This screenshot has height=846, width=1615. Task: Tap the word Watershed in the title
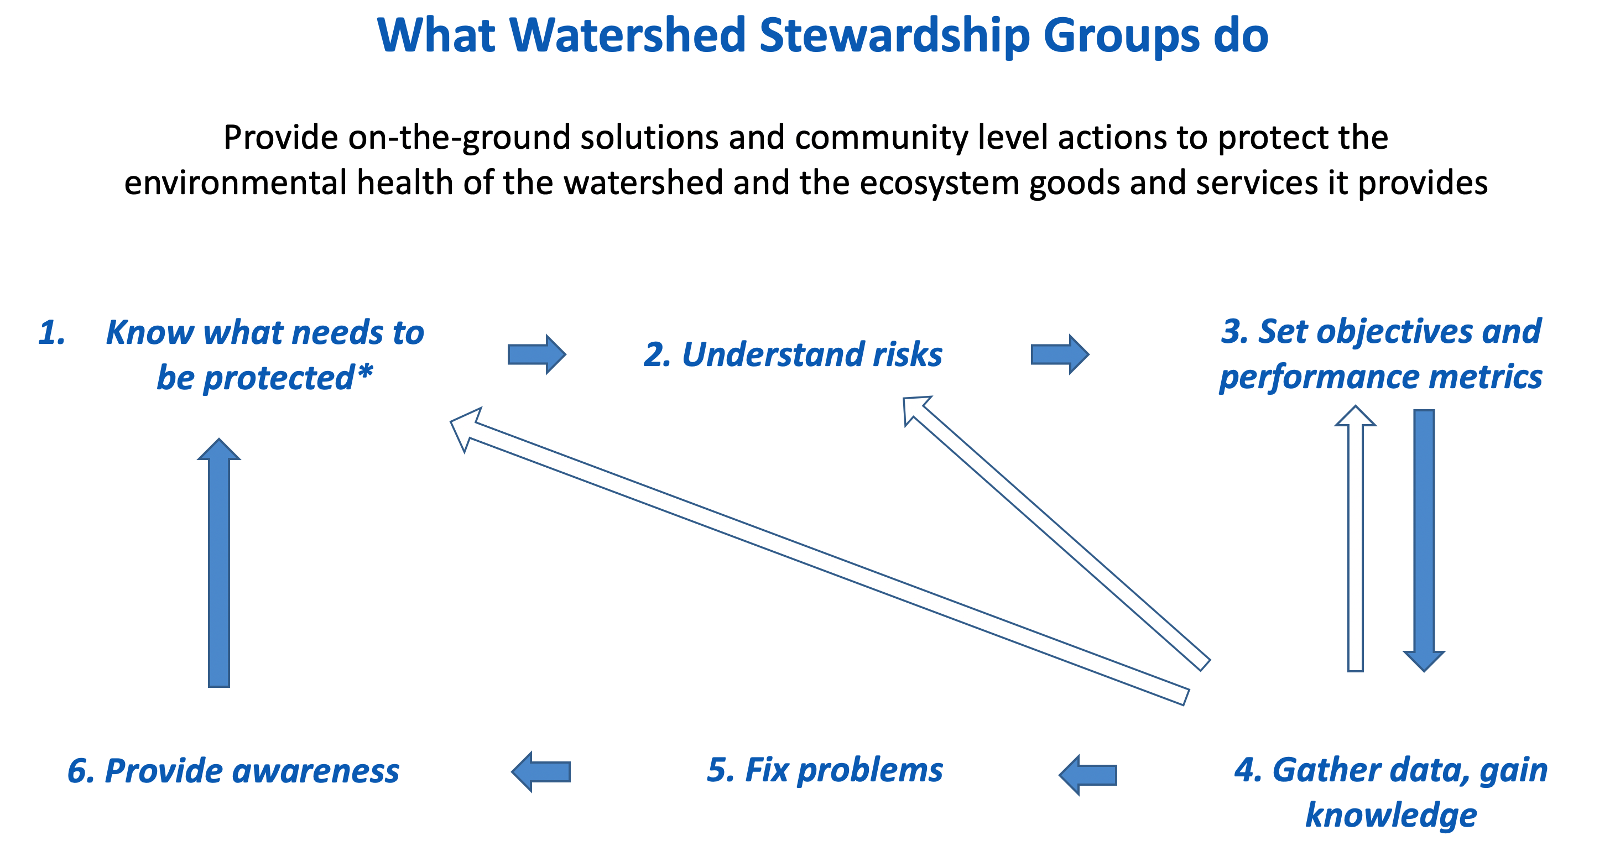click(x=627, y=36)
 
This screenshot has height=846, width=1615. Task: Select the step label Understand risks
click(x=793, y=354)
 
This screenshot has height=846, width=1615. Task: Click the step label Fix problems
click(x=825, y=770)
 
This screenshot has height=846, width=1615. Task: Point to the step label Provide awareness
click(x=233, y=771)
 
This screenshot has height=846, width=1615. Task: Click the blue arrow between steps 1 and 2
click(x=536, y=354)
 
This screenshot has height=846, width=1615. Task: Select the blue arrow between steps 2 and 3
click(x=1060, y=354)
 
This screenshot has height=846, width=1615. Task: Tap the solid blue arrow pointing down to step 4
click(x=1424, y=539)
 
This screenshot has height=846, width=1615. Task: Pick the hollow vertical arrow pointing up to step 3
click(x=1356, y=539)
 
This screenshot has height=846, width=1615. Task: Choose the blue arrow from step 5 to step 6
click(x=541, y=771)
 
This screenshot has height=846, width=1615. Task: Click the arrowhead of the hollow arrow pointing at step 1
click(x=465, y=427)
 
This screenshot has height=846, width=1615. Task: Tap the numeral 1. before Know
click(x=52, y=333)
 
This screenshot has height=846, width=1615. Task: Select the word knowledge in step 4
click(x=1391, y=815)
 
